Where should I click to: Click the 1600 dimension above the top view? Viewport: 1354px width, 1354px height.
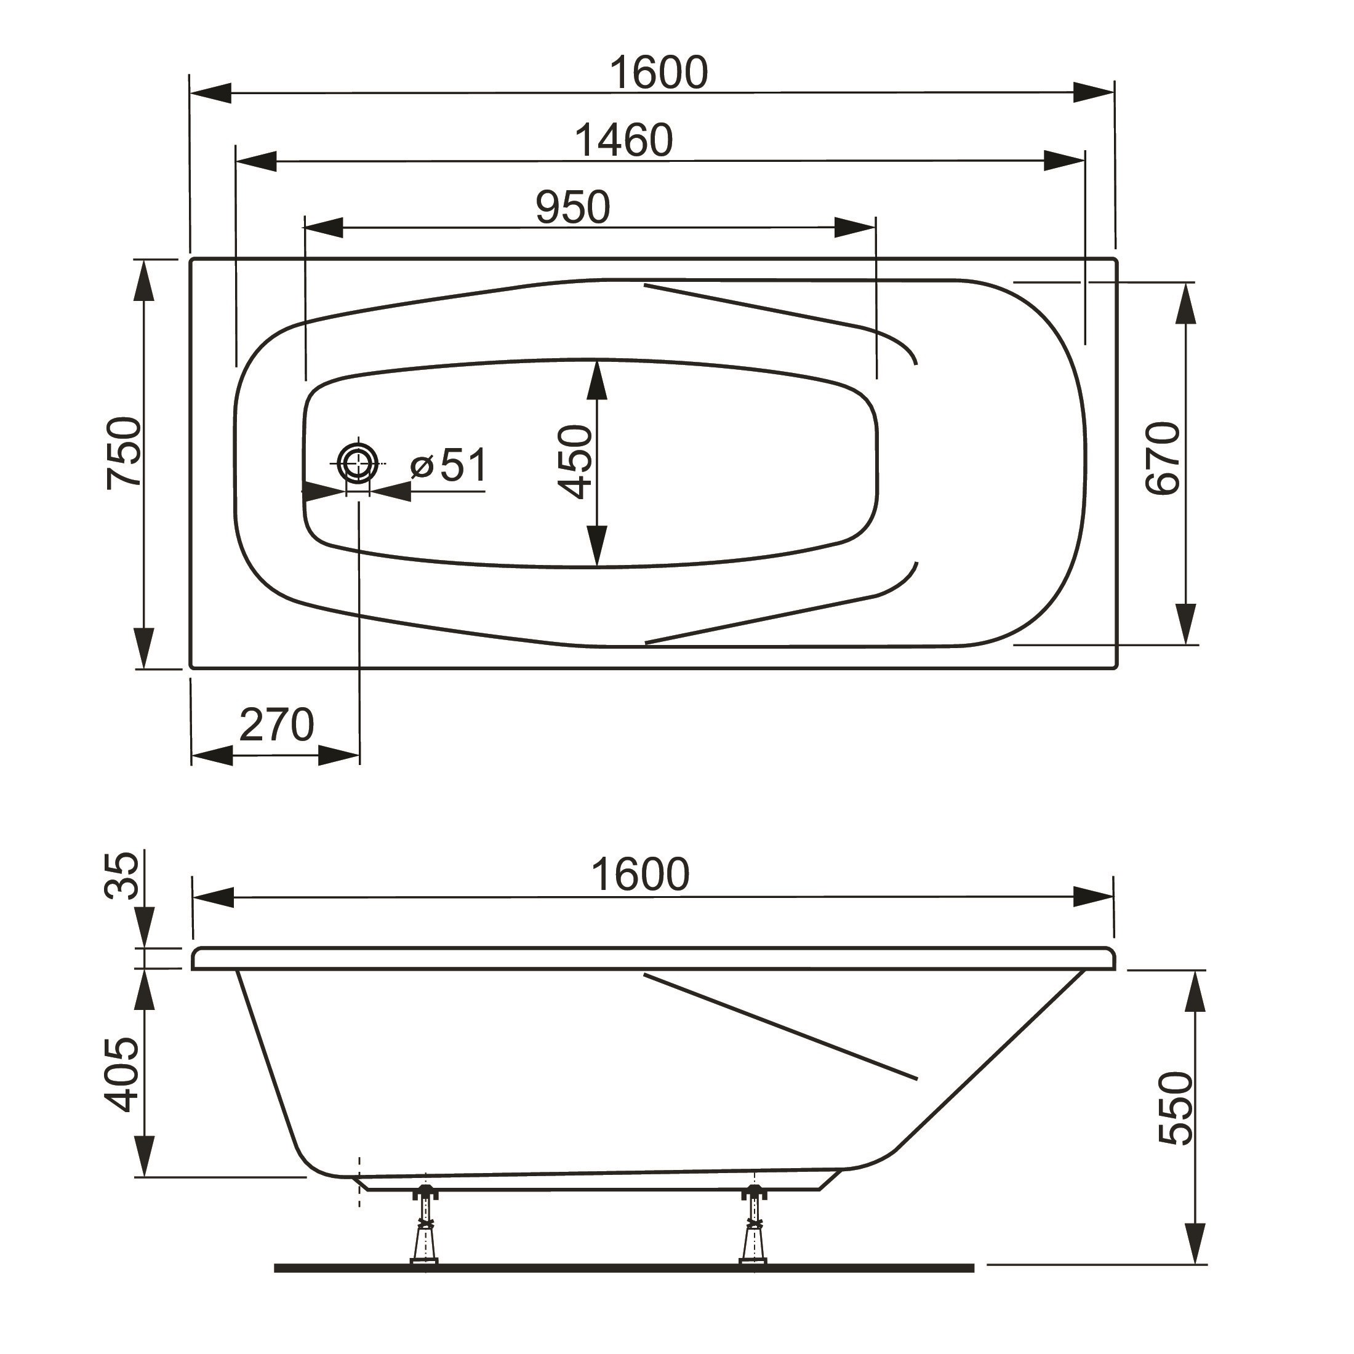tap(659, 72)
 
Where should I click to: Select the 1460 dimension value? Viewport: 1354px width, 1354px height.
tap(623, 140)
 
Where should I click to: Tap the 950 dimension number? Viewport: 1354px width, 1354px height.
tap(572, 207)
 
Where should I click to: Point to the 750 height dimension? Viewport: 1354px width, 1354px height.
tap(124, 453)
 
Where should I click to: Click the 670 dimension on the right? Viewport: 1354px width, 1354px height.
tap(1163, 459)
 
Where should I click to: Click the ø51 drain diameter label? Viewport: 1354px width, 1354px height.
tap(449, 465)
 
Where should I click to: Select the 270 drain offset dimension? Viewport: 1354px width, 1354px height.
tap(276, 726)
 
